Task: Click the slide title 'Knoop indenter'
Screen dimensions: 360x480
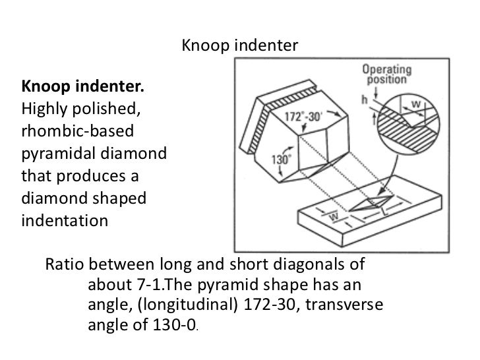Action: coord(239,47)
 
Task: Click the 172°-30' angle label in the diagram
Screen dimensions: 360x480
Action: coord(303,116)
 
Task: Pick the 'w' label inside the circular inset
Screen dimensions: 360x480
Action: coord(416,105)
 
